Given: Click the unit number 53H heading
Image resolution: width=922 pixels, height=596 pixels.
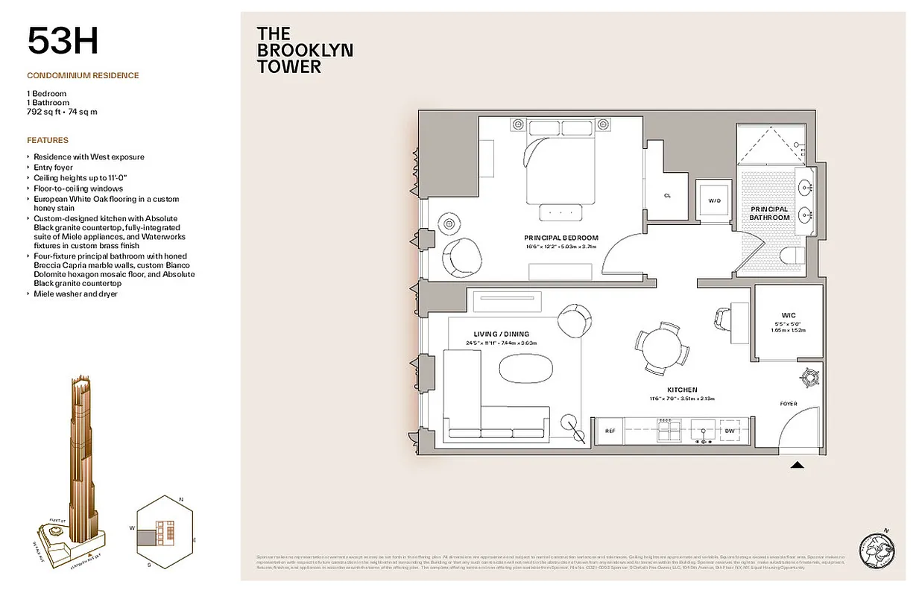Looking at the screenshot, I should click(63, 41).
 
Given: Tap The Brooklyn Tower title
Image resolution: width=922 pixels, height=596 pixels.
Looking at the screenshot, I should click(304, 50).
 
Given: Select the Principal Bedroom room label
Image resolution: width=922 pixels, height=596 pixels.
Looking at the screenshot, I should click(561, 238).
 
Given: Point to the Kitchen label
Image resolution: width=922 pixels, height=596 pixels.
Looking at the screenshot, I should click(682, 390).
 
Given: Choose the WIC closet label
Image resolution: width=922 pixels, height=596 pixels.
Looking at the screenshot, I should click(789, 315).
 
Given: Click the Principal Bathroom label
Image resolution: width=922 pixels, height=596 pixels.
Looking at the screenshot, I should click(769, 213).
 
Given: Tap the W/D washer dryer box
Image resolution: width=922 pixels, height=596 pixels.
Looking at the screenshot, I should click(714, 200).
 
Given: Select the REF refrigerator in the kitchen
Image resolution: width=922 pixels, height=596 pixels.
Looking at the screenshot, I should click(609, 431).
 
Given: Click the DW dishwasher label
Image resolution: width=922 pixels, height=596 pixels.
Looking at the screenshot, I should click(730, 431).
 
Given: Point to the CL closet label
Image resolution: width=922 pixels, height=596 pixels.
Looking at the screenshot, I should click(667, 196).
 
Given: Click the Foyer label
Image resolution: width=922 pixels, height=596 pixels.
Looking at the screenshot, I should click(788, 404).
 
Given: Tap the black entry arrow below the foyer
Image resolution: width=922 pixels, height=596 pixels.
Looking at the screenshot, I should click(797, 466).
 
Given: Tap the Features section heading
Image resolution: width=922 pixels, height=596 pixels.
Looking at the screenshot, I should click(48, 140).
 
